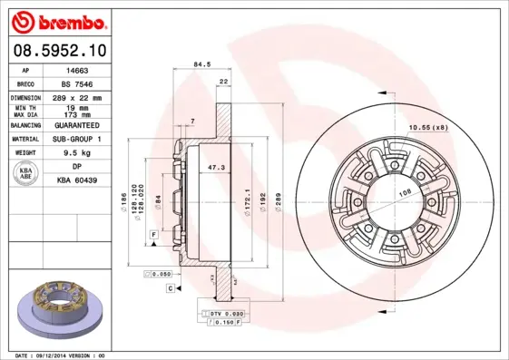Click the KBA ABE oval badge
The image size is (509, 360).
click(x=26, y=174)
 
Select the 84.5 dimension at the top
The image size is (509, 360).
click(x=202, y=64)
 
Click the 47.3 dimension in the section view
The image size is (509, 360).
click(x=217, y=168)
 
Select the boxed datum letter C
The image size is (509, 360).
click(x=170, y=287)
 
